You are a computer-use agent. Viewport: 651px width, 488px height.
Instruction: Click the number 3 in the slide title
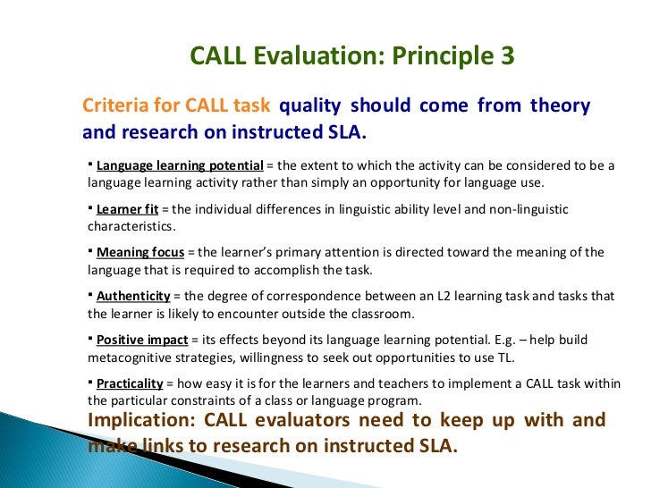(504, 56)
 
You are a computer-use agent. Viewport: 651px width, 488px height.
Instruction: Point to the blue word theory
(560, 106)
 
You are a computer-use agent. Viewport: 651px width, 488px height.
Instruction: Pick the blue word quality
(310, 106)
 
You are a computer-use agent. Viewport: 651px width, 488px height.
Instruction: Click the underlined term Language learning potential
(180, 166)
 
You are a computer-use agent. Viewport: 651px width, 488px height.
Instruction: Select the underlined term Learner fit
(127, 209)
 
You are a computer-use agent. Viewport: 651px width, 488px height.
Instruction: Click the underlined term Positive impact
(142, 340)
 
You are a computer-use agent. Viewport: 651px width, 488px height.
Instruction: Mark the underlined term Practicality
(130, 383)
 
